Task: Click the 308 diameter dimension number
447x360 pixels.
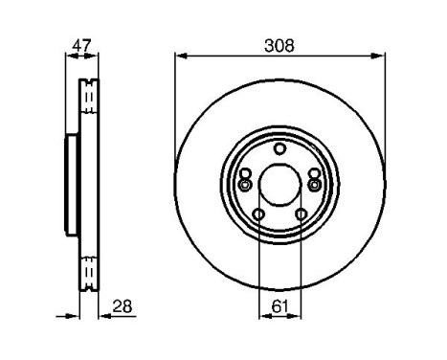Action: [279, 44]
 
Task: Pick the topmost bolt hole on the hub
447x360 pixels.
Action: [279, 148]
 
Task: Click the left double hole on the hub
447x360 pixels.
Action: [245, 179]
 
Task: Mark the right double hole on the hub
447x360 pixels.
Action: [314, 179]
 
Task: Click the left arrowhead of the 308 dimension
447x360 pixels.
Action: [180, 56]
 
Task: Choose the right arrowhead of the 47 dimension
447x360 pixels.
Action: [96, 56]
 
